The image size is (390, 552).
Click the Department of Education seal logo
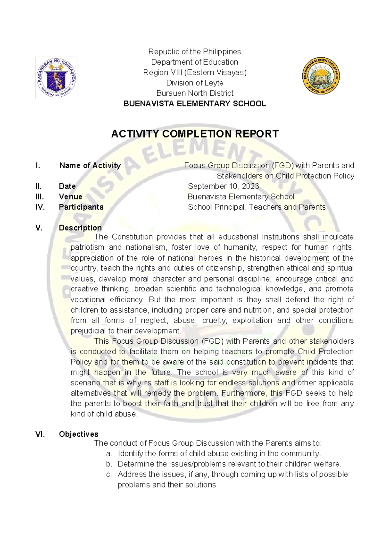coord(56,77)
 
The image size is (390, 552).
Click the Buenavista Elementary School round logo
coord(321,76)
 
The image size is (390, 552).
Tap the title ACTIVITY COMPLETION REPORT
coord(195,134)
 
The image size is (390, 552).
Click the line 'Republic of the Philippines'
coord(194,52)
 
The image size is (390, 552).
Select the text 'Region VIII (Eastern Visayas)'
coord(195,72)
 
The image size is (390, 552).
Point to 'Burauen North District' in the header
coord(195,93)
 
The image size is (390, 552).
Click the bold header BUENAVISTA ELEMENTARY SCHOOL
coord(195,103)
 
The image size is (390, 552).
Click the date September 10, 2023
coord(223,186)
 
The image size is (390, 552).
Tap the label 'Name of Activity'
coord(90,165)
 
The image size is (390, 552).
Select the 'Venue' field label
coord(70,197)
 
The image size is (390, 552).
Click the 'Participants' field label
coord(81,207)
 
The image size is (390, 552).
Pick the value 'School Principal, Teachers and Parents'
coord(256,207)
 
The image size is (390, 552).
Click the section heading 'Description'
coord(80,228)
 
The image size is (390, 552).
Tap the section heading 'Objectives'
coord(78,434)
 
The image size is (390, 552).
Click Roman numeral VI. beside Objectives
coord(40,434)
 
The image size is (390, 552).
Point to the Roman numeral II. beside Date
coord(38,186)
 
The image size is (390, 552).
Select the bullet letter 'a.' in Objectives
coord(109,454)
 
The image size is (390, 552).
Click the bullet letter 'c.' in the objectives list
coord(109,475)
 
